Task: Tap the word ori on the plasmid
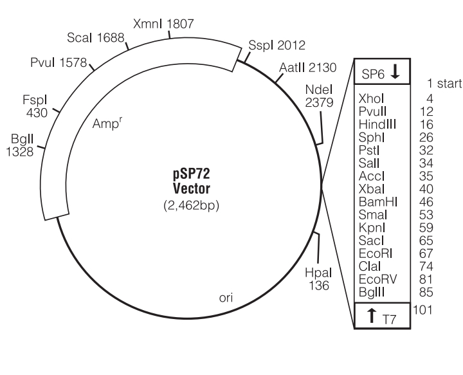pyautogui.click(x=227, y=299)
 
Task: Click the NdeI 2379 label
pyautogui.click(x=318, y=102)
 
